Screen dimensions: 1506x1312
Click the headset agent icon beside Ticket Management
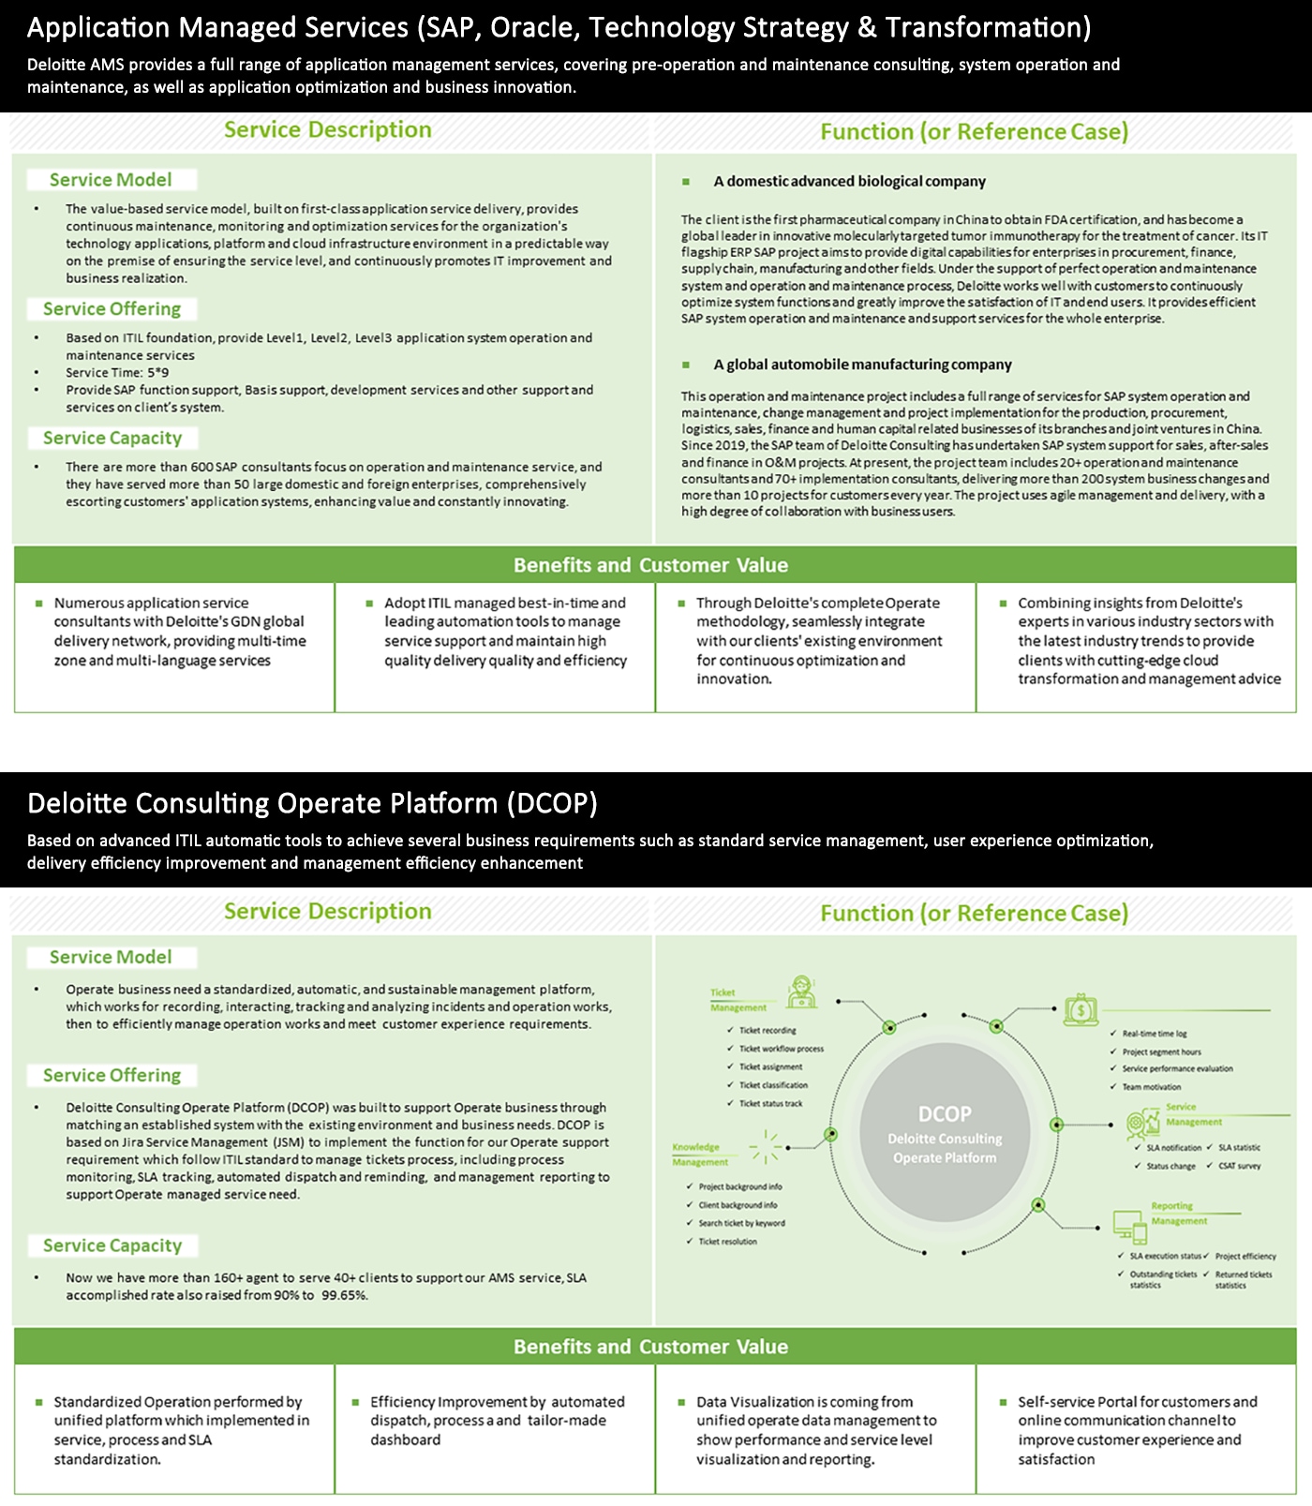[801, 992]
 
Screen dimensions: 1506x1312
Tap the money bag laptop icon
[1081, 1009]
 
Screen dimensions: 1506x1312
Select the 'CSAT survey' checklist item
[1239, 1166]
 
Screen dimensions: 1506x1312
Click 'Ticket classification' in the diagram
[773, 1085]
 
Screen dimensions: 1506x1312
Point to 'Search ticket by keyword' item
[741, 1223]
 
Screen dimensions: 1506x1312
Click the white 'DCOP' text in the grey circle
[945, 1113]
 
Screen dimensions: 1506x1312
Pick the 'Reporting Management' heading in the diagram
[1178, 1214]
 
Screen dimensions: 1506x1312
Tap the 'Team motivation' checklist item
[1152, 1087]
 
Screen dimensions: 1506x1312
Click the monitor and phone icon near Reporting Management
[1129, 1225]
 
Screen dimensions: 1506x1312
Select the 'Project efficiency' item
[1245, 1256]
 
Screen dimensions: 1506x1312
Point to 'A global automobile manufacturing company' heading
[862, 365]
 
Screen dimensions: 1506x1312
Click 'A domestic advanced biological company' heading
[849, 182]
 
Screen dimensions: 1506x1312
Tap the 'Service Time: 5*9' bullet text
[117, 373]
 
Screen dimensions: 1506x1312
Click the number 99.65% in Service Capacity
[344, 1295]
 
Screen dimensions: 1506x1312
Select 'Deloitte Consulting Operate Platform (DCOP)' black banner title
[312, 803]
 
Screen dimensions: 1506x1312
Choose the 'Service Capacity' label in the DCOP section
[112, 1245]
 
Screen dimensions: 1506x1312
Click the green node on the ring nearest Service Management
[1056, 1125]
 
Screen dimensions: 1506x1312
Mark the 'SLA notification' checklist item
[1173, 1147]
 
